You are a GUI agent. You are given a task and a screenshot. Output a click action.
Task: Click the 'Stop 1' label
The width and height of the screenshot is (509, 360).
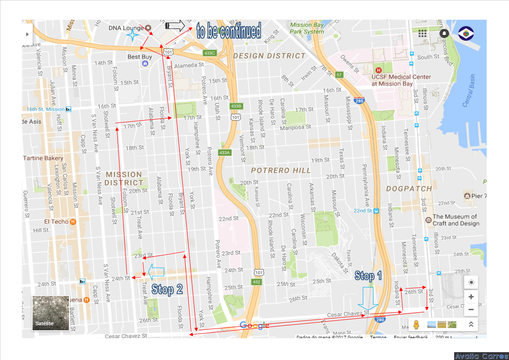click(368, 276)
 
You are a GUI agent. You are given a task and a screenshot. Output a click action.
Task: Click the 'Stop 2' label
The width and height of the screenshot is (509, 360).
click(167, 289)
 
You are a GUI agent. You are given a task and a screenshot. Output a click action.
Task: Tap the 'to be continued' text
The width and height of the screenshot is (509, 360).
click(229, 31)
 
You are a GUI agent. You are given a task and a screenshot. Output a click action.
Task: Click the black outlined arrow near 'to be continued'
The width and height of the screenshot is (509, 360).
click(175, 26)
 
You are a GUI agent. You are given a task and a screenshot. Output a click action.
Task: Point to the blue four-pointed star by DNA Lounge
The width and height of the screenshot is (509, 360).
click(133, 35)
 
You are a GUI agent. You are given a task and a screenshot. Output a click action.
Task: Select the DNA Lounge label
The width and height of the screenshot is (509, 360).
click(126, 28)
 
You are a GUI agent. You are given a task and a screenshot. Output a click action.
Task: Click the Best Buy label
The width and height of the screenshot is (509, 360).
click(140, 57)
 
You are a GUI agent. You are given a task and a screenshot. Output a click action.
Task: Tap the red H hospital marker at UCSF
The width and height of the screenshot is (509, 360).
click(378, 70)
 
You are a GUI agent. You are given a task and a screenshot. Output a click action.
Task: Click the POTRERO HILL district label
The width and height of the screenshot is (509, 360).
click(281, 170)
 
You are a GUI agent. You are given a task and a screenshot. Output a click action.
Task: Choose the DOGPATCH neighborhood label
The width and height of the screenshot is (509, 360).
click(409, 189)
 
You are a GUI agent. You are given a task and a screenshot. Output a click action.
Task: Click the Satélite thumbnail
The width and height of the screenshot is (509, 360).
click(50, 313)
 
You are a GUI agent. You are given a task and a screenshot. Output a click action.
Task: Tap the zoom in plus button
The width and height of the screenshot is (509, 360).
click(471, 297)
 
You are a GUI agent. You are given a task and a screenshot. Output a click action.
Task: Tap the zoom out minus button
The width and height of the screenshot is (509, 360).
click(471, 309)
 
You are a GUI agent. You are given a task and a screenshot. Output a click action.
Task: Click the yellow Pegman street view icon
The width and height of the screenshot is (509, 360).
click(416, 324)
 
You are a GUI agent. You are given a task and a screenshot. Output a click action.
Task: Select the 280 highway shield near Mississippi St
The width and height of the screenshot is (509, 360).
click(359, 101)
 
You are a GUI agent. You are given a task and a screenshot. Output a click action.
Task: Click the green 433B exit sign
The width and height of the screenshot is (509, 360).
click(236, 106)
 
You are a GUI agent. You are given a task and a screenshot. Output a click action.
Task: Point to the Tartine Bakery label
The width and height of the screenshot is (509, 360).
click(43, 158)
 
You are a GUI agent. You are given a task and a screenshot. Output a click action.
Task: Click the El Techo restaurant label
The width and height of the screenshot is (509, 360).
click(56, 222)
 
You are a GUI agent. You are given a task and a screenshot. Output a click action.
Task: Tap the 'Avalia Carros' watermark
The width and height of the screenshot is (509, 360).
click(481, 356)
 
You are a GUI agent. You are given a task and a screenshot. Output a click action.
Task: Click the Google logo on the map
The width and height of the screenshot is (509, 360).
click(255, 325)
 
